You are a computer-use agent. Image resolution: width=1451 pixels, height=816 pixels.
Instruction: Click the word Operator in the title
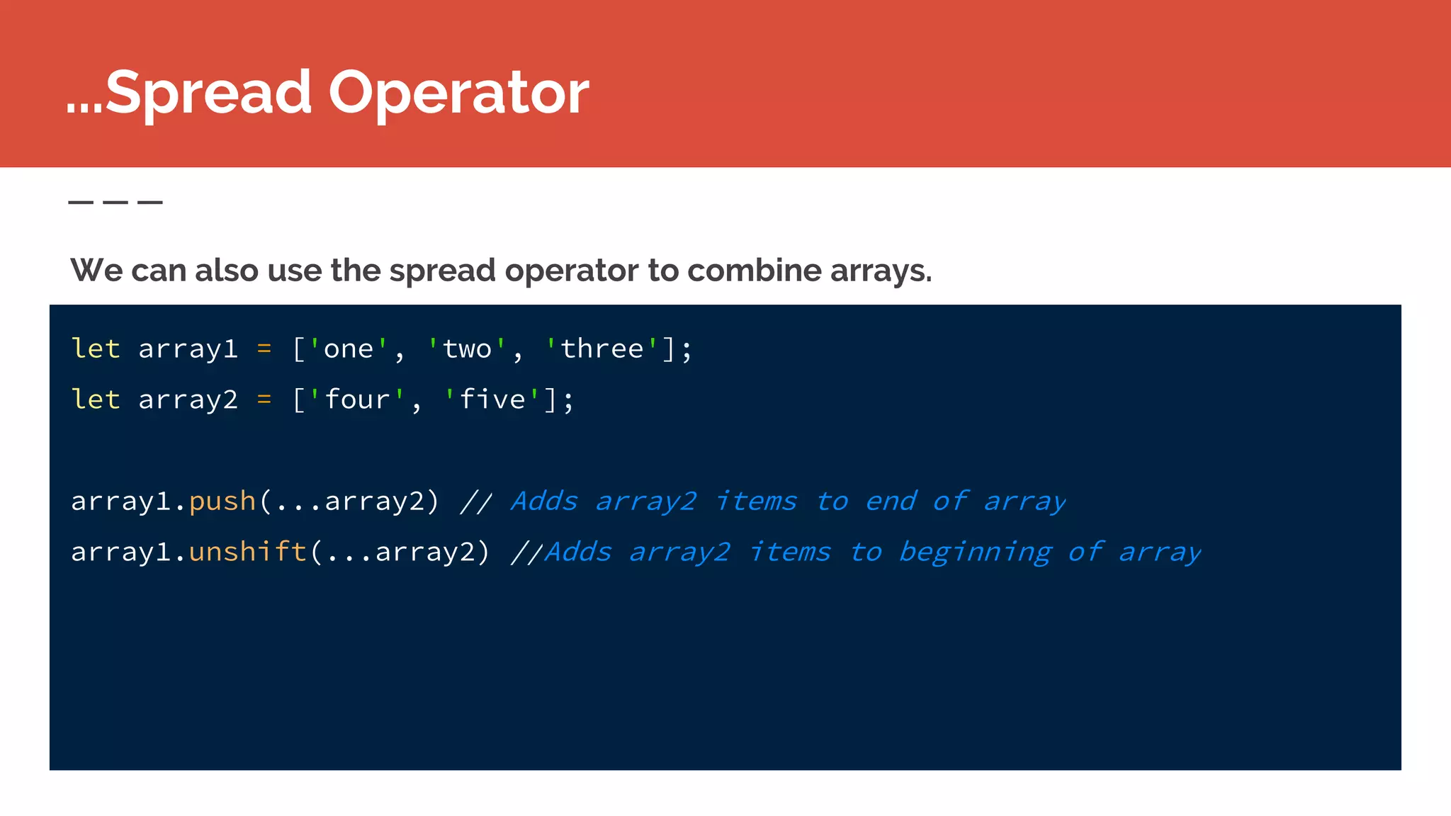458,93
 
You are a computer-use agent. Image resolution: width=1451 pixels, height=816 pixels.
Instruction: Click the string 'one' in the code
348,349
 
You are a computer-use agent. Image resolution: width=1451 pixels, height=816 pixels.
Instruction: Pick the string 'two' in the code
466,349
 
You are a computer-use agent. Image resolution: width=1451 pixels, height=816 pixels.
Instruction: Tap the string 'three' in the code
602,349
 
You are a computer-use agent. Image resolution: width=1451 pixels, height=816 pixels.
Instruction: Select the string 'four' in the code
356,400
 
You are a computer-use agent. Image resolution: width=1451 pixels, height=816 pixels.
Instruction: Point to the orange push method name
222,501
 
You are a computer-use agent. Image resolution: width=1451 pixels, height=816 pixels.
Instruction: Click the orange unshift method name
247,552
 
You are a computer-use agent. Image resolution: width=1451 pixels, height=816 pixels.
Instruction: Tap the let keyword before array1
96,349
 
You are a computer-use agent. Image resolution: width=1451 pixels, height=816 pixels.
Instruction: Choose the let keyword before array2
96,400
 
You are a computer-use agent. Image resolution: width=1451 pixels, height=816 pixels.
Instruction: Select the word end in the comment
891,501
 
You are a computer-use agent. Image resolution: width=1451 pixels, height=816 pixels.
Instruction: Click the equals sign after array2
264,400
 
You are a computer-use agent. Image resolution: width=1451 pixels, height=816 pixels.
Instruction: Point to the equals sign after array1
264,349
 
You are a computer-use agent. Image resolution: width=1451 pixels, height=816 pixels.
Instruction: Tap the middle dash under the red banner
115,203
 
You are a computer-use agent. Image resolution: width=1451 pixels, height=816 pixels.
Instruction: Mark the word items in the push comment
756,501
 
